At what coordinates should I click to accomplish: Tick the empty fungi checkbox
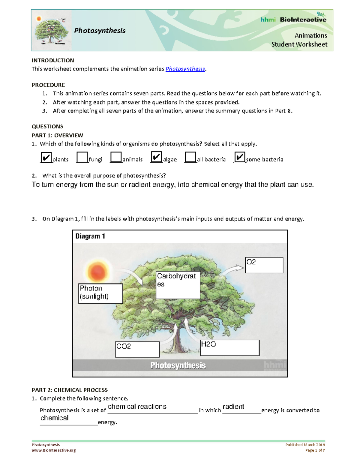tap(82, 157)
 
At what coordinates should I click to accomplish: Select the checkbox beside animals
tap(116, 157)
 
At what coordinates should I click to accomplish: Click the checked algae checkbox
tap(156, 157)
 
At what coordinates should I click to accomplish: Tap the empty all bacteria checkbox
tap(190, 157)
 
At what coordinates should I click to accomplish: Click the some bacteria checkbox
tap(240, 157)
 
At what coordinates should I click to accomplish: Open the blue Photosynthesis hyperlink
tap(185, 69)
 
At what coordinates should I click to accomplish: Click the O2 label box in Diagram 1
tap(264, 265)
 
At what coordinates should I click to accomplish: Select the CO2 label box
tap(137, 349)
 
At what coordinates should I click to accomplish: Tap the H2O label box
tap(229, 347)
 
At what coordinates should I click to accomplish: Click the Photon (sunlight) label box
tap(100, 293)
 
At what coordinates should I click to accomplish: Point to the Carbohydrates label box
tap(178, 285)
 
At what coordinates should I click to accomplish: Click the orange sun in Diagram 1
tap(97, 272)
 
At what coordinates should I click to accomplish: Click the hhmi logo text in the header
tap(268, 20)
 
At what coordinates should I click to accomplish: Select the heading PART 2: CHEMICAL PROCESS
tap(70, 390)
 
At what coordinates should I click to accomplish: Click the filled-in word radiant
tap(233, 407)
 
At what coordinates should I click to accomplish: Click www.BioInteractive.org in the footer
tap(54, 450)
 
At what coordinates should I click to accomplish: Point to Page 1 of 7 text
tap(315, 450)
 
